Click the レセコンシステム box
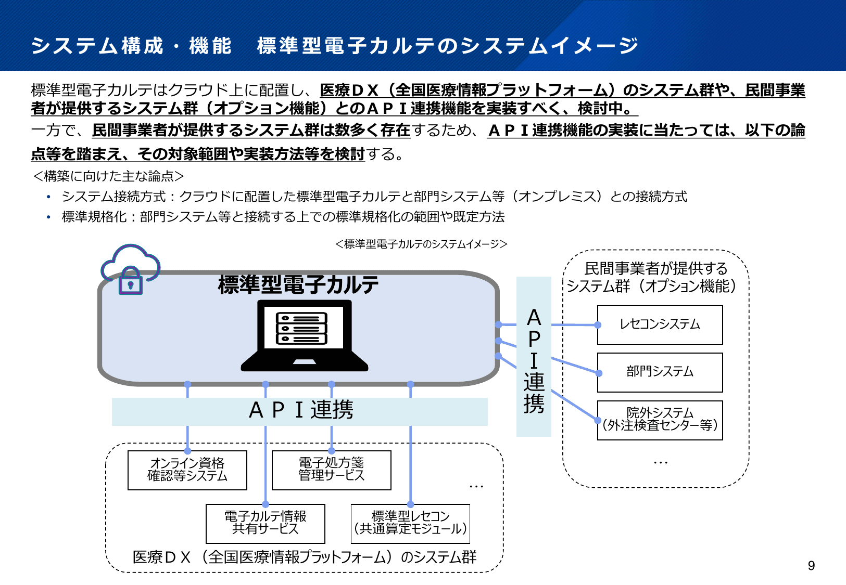click(660, 325)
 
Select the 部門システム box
click(660, 372)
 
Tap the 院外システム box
click(660, 420)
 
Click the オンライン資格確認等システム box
click(187, 470)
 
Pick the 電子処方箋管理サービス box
click(331, 470)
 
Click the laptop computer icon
click(305, 335)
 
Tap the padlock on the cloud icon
click(131, 281)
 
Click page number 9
click(811, 566)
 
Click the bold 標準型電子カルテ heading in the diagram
click(298, 285)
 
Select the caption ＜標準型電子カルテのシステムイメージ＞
click(421, 244)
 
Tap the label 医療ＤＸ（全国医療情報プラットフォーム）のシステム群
click(305, 557)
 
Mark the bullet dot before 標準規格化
click(48, 217)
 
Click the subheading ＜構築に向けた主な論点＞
click(108, 176)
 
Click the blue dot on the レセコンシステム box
click(598, 325)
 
